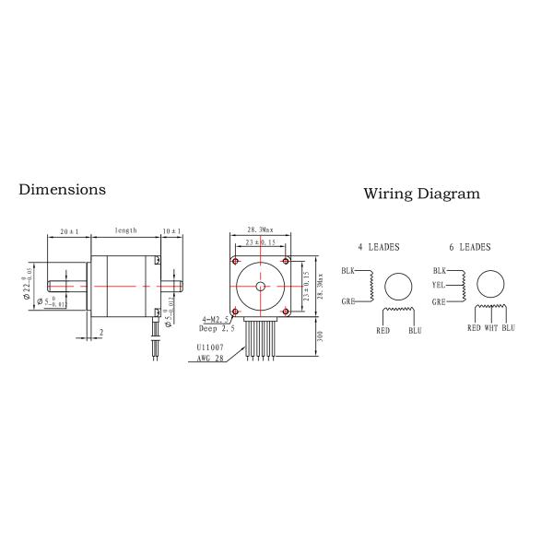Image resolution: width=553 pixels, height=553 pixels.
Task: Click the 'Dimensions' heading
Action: pos(62,189)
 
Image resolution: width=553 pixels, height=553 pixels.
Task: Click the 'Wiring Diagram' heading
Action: pos(421,194)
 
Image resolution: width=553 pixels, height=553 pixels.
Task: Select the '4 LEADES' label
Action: pos(378,247)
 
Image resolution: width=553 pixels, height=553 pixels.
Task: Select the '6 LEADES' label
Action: pos(470,247)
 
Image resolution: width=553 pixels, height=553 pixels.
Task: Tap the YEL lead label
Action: pos(439,286)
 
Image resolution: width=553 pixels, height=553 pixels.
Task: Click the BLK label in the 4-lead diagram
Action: pos(347,271)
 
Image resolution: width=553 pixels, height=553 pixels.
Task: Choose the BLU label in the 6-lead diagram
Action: pos(508,327)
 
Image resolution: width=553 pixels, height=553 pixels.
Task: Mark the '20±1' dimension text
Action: pos(69,230)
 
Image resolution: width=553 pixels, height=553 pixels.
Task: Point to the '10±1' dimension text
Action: pos(171,230)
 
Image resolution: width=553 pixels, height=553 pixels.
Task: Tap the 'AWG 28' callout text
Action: pos(211,359)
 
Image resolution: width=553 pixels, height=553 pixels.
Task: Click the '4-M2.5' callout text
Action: pos(215,318)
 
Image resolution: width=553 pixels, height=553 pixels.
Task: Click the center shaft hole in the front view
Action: pos(261,286)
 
